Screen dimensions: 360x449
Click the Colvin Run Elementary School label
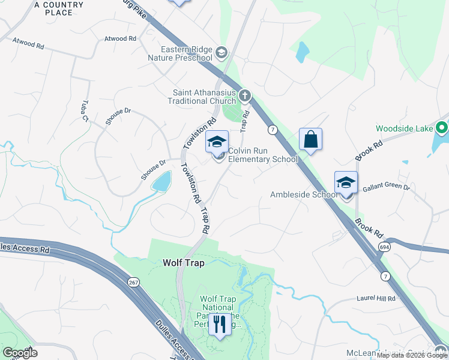point(262,155)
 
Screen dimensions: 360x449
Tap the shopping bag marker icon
point(311,139)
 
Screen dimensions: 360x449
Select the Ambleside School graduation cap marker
point(346,182)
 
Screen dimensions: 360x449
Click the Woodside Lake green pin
point(442,128)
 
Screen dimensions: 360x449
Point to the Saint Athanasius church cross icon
point(244,95)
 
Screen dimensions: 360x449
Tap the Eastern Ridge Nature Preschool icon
point(221,53)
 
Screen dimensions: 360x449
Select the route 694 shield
point(384,247)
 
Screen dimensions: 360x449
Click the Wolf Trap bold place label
point(184,263)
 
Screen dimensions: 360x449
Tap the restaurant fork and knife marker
point(220,325)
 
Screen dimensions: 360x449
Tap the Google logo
point(20,353)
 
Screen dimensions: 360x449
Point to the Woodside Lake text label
point(404,128)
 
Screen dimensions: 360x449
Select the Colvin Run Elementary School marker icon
point(217,142)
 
